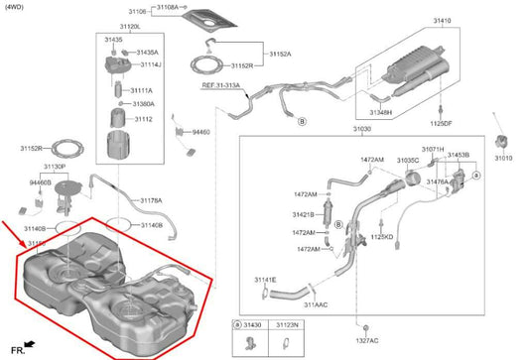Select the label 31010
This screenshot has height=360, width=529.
point(504,158)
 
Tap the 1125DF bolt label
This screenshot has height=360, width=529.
point(441,124)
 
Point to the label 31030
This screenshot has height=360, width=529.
point(361,129)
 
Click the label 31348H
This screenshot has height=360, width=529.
point(381,113)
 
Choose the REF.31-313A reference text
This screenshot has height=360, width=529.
point(223,86)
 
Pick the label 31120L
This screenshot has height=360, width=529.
point(129,27)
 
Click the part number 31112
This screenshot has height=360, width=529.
point(143,119)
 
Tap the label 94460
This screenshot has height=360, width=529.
point(200,131)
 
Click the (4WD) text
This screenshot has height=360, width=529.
point(14,7)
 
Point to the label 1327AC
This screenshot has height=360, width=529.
point(366,340)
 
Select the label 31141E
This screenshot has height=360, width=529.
point(265,281)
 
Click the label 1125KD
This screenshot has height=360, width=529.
point(382,238)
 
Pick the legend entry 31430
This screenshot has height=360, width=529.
point(255,324)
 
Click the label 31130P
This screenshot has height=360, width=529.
point(53,167)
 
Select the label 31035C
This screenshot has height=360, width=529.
point(408,160)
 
